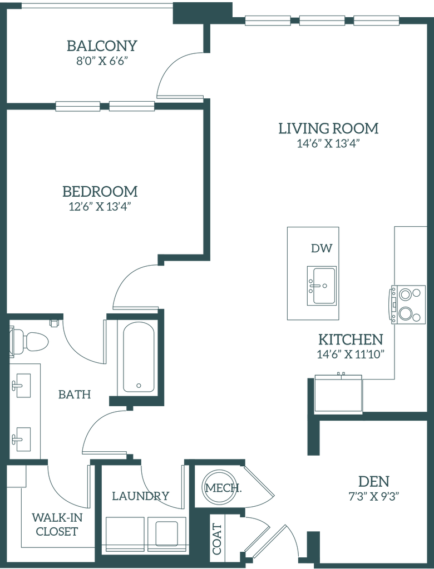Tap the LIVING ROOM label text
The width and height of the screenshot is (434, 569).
click(x=328, y=129)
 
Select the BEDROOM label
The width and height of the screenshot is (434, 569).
click(x=100, y=192)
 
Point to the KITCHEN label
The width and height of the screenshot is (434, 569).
click(x=350, y=339)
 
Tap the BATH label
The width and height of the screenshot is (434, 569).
click(x=74, y=395)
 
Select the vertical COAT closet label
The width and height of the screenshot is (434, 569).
click(x=215, y=538)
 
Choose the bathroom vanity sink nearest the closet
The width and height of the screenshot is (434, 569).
click(x=23, y=437)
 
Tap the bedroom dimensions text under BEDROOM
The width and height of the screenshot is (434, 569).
click(x=100, y=207)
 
